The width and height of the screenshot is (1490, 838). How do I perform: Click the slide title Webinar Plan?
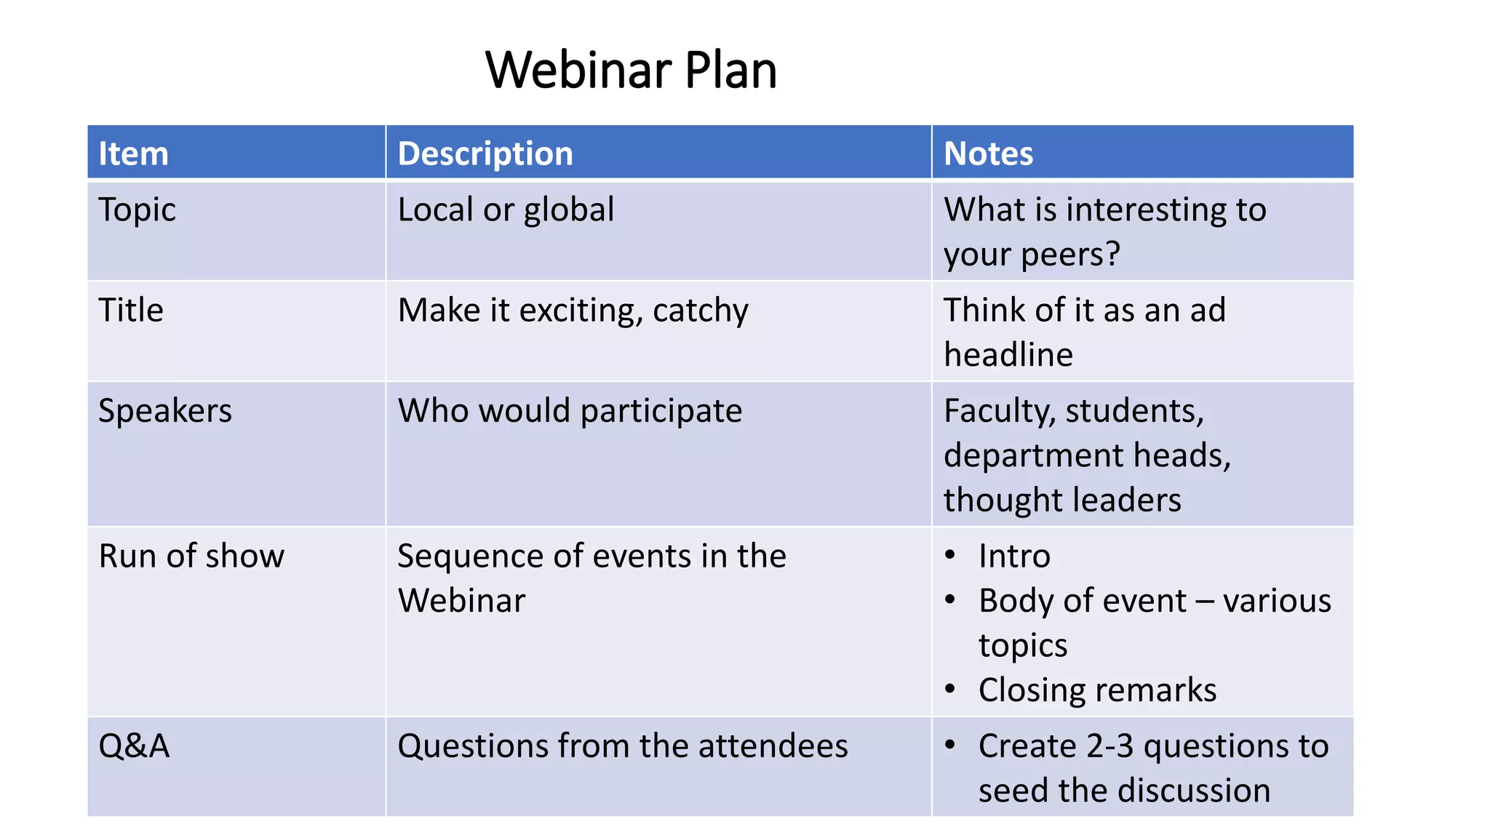631,71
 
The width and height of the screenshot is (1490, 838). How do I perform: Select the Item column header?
133,153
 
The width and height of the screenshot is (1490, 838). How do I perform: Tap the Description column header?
485,153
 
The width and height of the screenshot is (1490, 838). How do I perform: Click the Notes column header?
988,153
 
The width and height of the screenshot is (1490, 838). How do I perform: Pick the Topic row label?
137,210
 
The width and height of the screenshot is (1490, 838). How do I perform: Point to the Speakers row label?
165,411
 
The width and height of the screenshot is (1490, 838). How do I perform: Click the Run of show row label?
191,556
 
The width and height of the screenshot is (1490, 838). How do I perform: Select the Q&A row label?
134,746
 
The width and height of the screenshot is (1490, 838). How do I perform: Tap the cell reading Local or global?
506,210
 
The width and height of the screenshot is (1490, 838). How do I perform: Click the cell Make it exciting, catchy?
573,311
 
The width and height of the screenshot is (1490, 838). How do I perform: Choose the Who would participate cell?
570,411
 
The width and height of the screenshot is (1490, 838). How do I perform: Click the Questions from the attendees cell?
622,746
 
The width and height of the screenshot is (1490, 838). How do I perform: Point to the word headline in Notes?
1008,355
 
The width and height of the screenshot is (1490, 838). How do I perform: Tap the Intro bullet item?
1014,556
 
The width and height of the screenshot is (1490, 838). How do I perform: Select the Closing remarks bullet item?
1097,690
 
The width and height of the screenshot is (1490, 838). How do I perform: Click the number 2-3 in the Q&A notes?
1109,746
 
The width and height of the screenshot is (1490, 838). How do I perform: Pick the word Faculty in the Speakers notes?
1000,411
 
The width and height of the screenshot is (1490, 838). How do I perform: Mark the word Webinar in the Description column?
461,601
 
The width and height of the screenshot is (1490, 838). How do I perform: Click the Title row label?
131,311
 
